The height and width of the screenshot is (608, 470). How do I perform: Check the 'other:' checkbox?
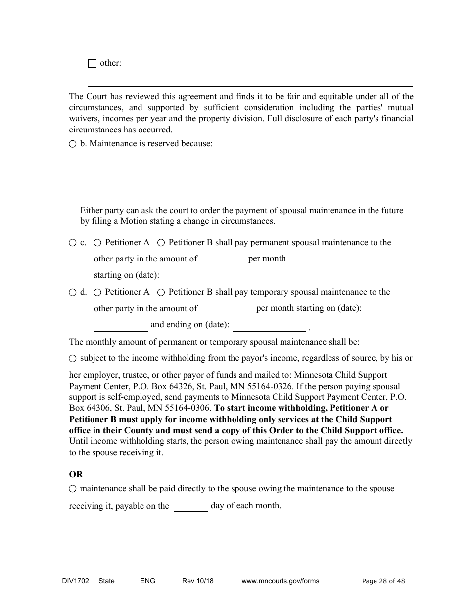pos(92,63)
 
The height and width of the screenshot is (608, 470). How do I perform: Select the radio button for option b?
pos(73,144)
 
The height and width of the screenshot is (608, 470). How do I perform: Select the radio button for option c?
pos(73,243)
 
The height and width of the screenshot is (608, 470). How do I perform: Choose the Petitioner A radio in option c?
pos(97,243)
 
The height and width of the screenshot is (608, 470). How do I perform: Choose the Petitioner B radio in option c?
pos(161,243)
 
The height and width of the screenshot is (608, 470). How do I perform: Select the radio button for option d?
pos(73,292)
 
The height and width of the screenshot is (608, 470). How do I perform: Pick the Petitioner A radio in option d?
pos(97,292)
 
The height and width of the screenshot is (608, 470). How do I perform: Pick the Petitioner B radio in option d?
pos(161,292)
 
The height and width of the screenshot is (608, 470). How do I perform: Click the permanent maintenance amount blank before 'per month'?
pos(225,260)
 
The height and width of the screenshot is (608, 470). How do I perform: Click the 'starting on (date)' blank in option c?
pos(198,276)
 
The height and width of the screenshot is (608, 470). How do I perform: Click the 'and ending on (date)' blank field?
pos(269,325)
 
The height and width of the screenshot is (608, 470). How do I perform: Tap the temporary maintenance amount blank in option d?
pos(229,309)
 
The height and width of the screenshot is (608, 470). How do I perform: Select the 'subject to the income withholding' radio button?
pos(73,358)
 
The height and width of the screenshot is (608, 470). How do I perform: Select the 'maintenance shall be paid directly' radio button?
pos(73,489)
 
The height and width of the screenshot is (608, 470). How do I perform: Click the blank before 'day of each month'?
pos(190,506)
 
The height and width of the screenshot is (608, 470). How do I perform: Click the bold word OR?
pos(76,474)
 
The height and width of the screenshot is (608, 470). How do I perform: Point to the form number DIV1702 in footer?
pos(72,581)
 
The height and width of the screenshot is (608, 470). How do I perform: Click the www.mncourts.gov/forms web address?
pos(280,581)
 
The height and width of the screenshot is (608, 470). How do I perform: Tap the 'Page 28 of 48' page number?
pos(383,581)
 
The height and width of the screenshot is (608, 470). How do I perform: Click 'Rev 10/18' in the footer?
pos(197,581)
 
